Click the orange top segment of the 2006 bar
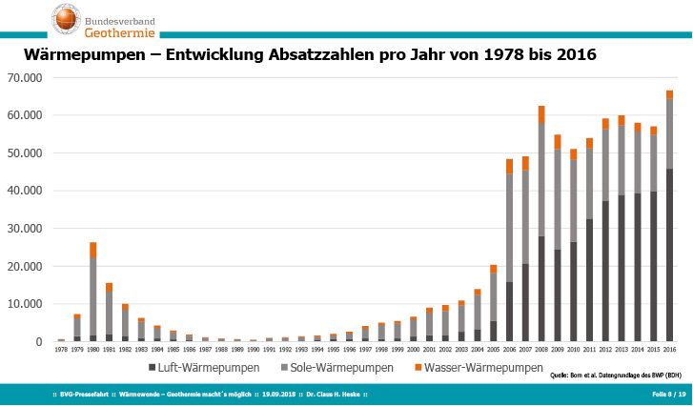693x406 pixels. point(510,166)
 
